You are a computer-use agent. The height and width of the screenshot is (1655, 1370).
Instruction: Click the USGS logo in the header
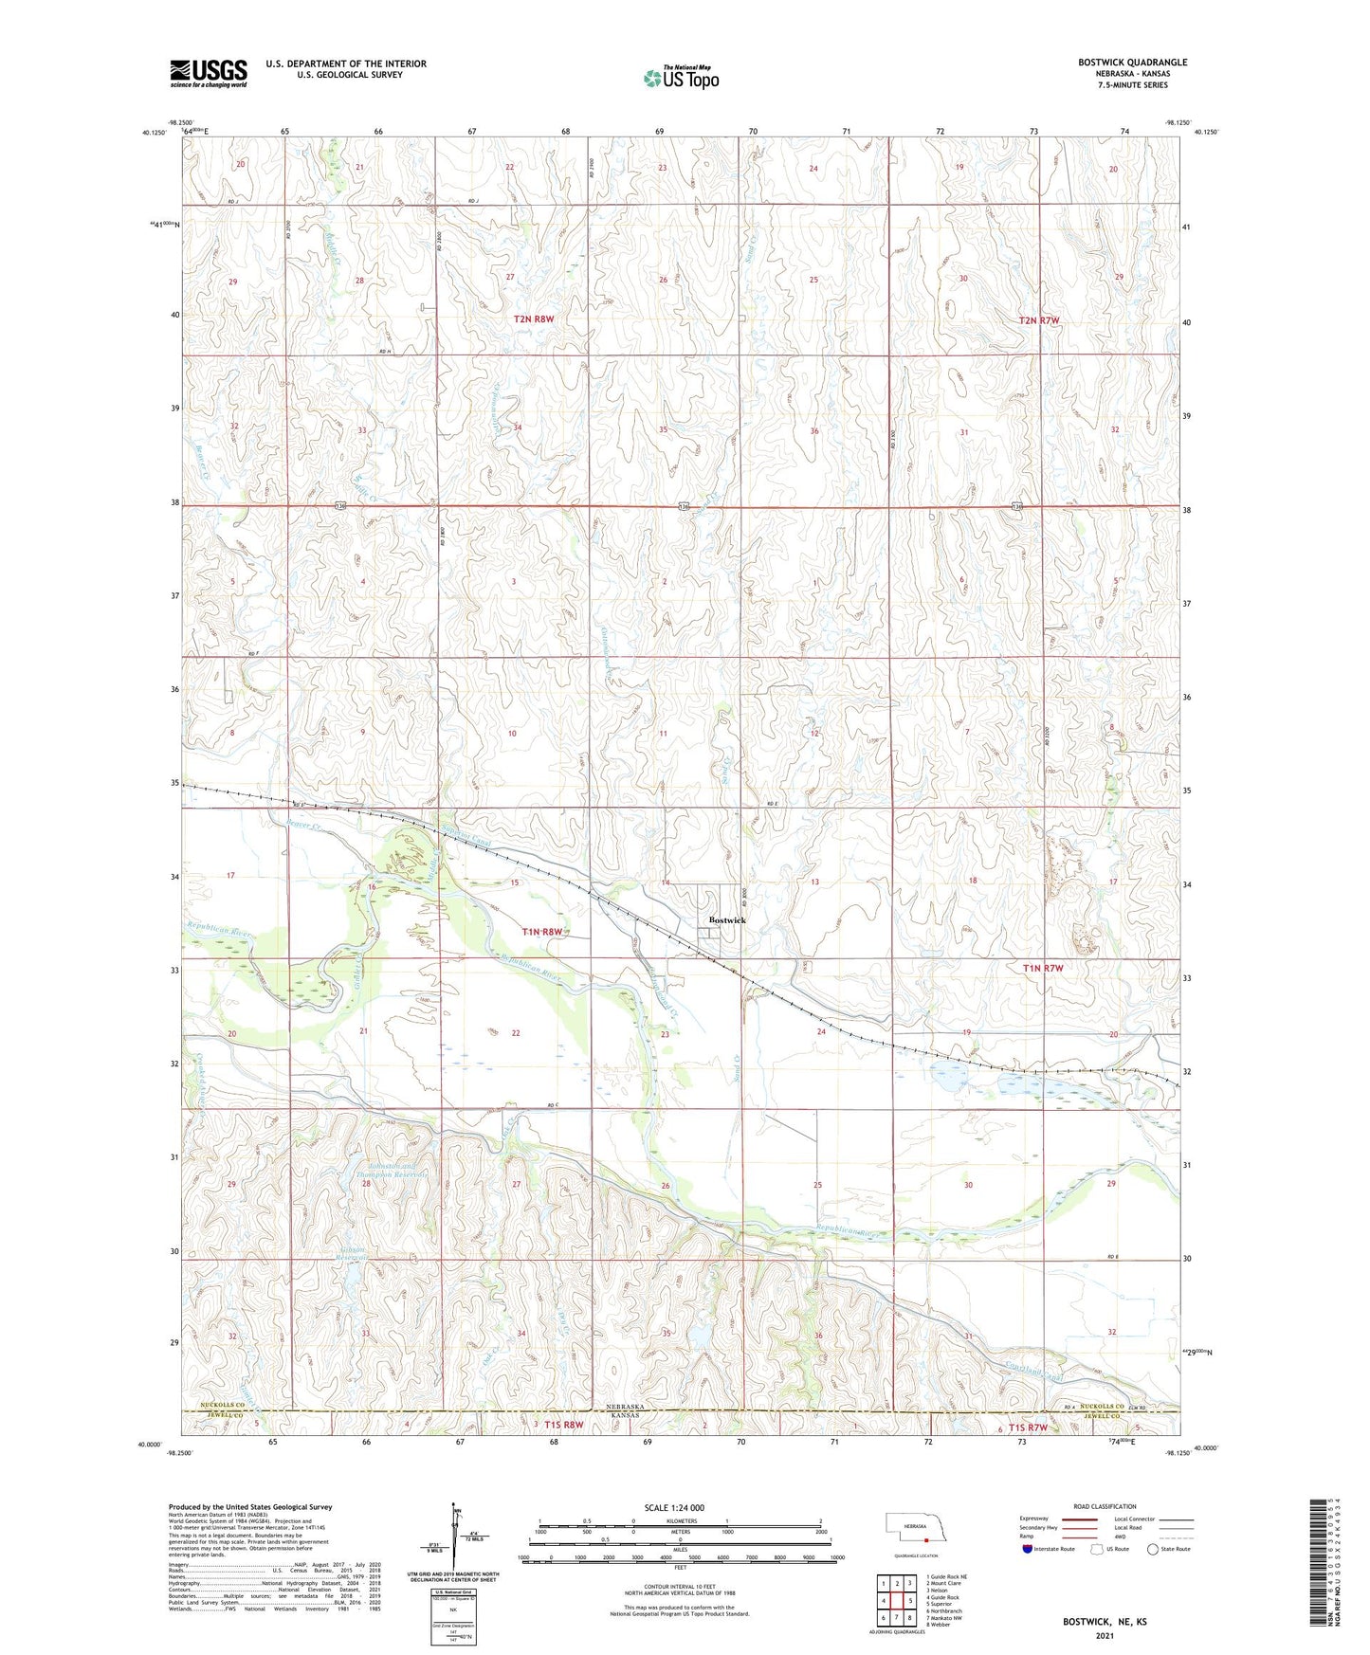coord(209,72)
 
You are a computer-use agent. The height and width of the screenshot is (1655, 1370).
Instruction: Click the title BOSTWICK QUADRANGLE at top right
coord(1132,63)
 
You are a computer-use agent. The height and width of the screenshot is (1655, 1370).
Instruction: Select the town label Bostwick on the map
coord(727,920)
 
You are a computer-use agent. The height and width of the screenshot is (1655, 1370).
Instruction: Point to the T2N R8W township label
coord(534,319)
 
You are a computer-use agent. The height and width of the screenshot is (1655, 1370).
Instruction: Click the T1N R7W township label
coord(1043,968)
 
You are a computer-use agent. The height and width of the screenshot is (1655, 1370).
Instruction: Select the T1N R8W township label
coord(542,932)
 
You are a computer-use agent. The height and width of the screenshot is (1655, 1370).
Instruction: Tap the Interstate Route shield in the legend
coord(1029,1549)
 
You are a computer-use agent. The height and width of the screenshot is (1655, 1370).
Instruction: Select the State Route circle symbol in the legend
coord(1153,1549)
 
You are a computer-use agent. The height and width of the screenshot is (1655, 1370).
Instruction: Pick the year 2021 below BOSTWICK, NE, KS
coord(1104,1636)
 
